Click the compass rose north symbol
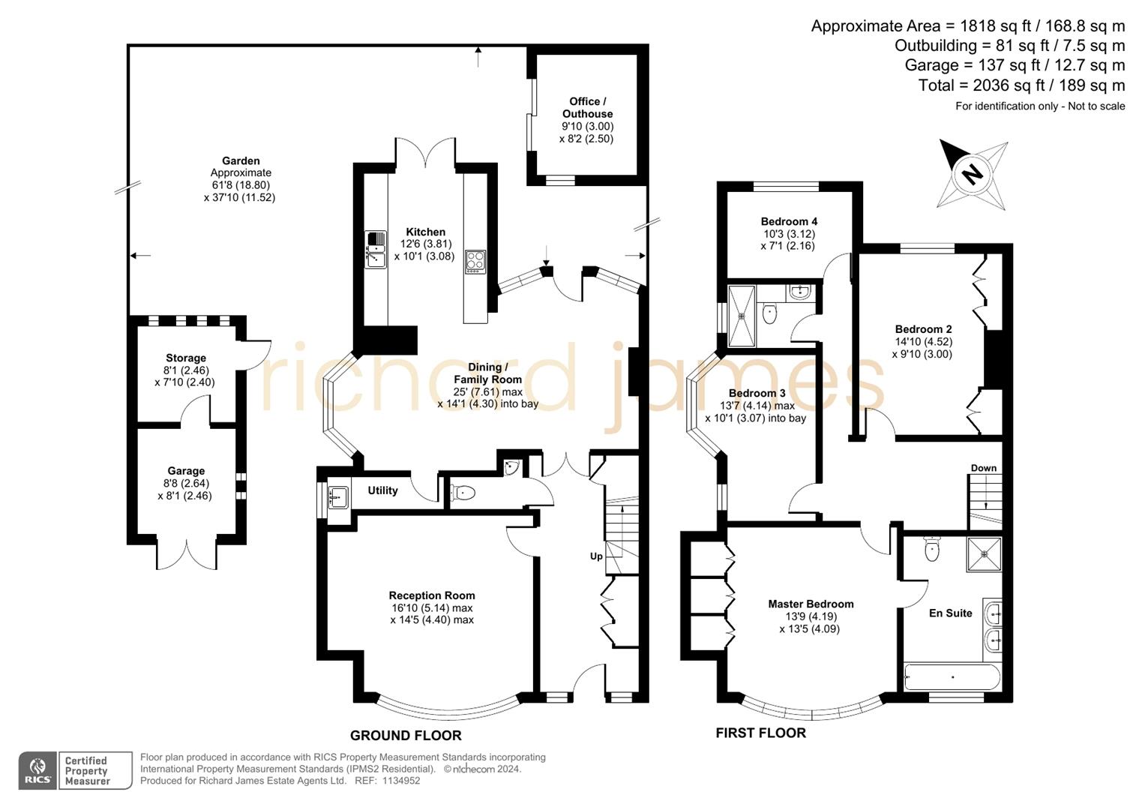point(972,174)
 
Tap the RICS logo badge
point(37,770)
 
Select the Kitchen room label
point(425,232)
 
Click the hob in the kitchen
point(475,261)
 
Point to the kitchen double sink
point(376,250)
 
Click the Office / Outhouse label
point(587,107)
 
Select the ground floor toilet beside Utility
point(463,493)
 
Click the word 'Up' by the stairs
point(596,556)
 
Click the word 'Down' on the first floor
point(984,468)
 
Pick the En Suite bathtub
point(952,677)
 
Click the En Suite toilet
point(932,550)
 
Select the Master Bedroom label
point(811,604)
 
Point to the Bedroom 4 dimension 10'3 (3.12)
point(789,234)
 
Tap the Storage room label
point(185,358)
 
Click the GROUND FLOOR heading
point(406,736)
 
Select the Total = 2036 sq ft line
point(1021,85)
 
